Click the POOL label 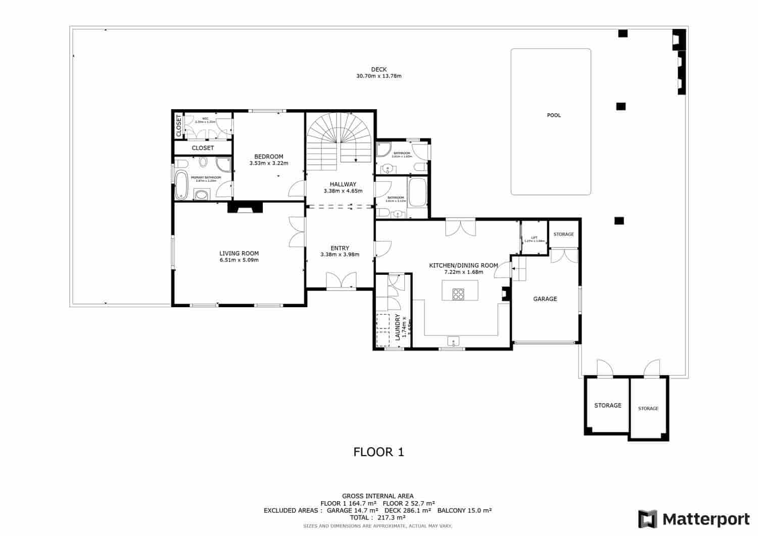(x=554, y=115)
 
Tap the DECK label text (x=378, y=70)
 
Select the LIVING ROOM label (x=239, y=254)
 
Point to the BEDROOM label (x=268, y=157)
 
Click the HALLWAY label (x=343, y=184)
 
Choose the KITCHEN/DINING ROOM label (x=463, y=265)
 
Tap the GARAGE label (x=545, y=299)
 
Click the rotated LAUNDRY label (x=398, y=327)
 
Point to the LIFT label (x=534, y=238)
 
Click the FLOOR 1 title (x=378, y=452)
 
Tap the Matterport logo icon (x=647, y=519)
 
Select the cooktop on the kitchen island (x=458, y=294)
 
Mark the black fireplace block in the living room (x=245, y=208)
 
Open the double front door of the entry (x=341, y=281)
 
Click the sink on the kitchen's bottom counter (x=453, y=341)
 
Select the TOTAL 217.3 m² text (x=378, y=518)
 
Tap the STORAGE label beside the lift (x=563, y=234)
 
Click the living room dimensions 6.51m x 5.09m (x=239, y=260)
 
